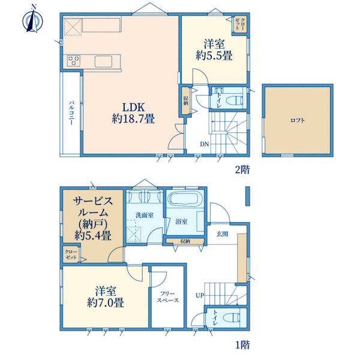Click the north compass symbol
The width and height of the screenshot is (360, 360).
tap(32, 20)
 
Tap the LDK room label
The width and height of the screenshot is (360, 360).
tap(133, 107)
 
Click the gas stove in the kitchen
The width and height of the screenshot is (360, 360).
tap(74, 61)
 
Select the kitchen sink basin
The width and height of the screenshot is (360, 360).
tap(103, 61)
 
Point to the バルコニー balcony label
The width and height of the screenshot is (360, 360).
tap(71, 113)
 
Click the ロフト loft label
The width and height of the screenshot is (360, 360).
tap(298, 121)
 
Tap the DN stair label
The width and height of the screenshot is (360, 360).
tap(205, 144)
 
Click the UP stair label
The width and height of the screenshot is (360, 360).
tap(200, 295)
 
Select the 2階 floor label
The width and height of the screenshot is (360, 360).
tap(242, 170)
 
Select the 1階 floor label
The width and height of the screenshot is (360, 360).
tap(242, 345)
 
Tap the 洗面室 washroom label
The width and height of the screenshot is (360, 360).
tap(145, 215)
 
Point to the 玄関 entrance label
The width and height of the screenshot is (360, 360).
tap(222, 234)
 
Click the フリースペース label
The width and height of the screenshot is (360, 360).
tap(167, 297)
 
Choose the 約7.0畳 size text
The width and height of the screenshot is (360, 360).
tap(106, 302)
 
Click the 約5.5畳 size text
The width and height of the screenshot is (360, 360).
tap(214, 56)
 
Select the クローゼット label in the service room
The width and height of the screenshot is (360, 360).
tap(71, 254)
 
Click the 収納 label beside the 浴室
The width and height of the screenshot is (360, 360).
tap(185, 241)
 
